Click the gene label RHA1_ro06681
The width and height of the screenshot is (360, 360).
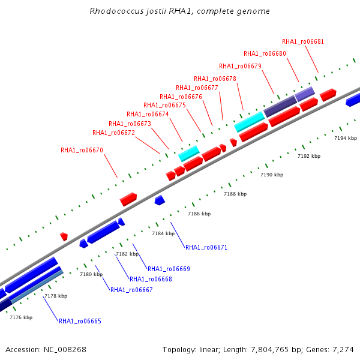tap(303, 41)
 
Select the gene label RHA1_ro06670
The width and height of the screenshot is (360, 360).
tap(82, 150)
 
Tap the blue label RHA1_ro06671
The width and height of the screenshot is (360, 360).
tap(206, 247)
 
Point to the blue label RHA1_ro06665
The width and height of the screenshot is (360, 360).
tap(80, 321)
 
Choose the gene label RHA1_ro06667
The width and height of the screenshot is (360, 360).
tap(131, 290)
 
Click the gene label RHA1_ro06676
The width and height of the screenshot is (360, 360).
tap(181, 97)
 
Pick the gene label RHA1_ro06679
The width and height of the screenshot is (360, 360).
tap(240, 66)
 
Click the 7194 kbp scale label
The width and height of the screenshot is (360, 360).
tap(346, 138)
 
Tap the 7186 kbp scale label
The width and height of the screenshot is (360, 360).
tap(199, 214)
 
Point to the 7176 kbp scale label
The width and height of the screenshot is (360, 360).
tap(21, 317)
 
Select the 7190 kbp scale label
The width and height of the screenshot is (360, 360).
tap(272, 175)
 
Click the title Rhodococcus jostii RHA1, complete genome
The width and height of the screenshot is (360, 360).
tap(179, 11)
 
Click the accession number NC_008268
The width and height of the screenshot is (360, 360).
tap(65, 349)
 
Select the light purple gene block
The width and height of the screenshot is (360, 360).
tap(305, 94)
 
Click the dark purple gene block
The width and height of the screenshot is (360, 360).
tap(280, 106)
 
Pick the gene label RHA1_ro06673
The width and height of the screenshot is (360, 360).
tap(130, 124)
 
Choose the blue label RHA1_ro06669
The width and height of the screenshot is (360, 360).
tap(169, 269)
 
